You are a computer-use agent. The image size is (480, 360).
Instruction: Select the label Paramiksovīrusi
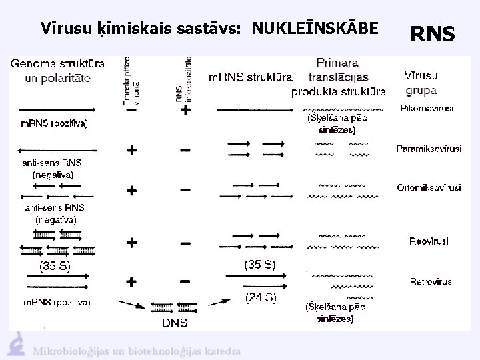click(429, 149)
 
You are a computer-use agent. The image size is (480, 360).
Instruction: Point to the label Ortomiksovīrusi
click(429, 188)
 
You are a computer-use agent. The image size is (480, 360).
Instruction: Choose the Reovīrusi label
click(429, 241)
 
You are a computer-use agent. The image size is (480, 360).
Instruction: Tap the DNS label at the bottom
click(175, 323)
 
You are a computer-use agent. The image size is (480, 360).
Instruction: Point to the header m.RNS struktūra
click(250, 77)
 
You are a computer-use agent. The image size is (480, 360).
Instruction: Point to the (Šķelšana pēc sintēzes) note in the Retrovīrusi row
click(330, 313)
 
